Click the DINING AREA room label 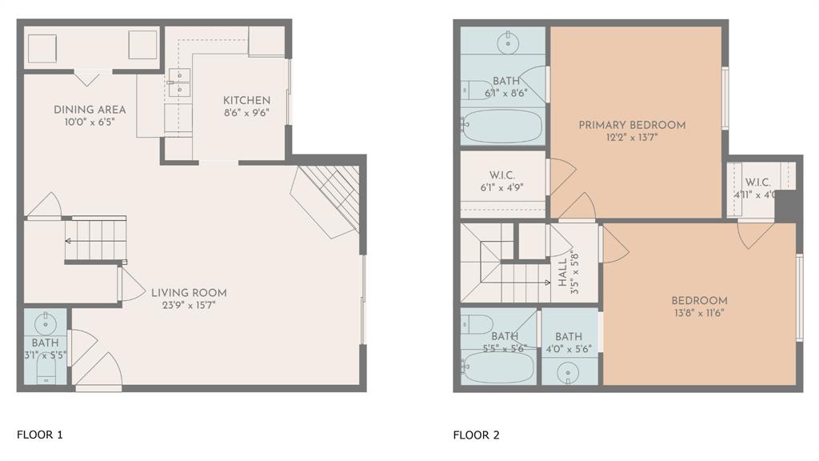90,110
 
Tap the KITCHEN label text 246,100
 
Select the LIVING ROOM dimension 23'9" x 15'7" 189,305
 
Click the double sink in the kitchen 179,82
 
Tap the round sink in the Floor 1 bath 45,323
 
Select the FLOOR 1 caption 39,435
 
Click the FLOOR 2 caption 476,435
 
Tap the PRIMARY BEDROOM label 632,125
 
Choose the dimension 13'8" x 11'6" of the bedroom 699,314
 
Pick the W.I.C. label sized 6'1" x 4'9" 501,176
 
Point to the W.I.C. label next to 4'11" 757,182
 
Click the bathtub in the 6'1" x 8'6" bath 502,126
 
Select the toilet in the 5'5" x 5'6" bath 477,324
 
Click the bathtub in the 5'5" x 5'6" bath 497,367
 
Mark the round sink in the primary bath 507,43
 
